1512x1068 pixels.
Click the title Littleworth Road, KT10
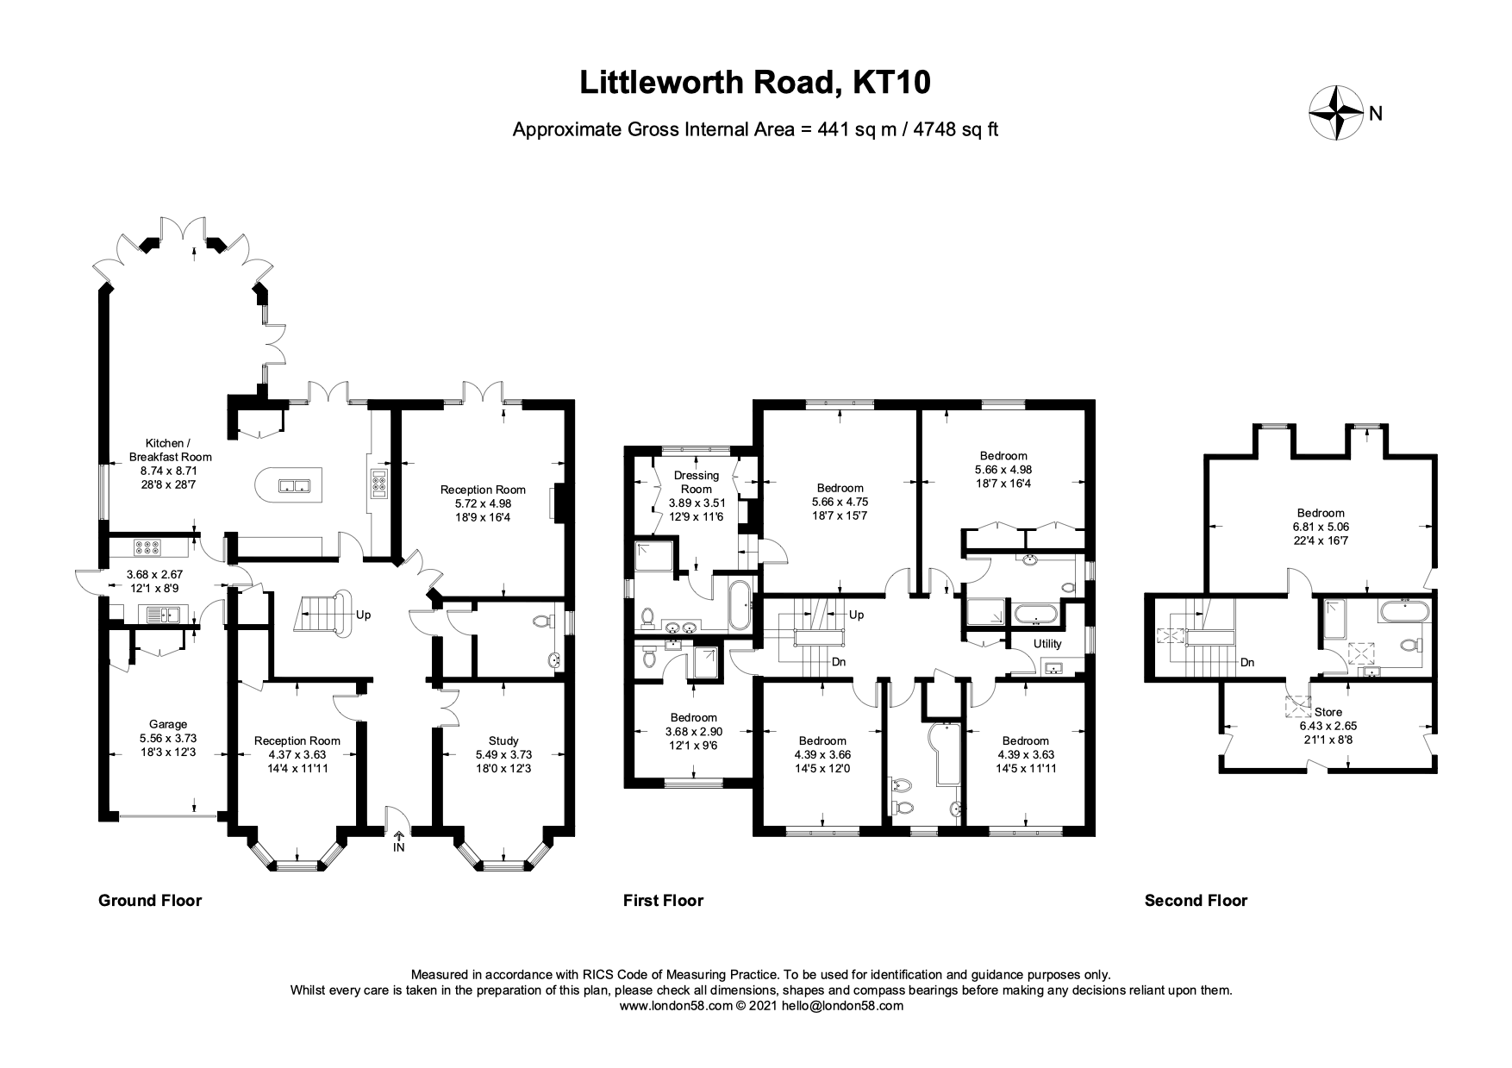coord(755,82)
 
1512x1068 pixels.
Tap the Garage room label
coord(167,725)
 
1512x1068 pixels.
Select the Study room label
coord(503,740)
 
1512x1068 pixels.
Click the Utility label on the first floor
coord(1047,643)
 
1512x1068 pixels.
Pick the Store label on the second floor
coord(1328,712)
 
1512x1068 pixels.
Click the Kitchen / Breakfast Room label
coord(170,449)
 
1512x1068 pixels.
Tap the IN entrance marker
coord(398,847)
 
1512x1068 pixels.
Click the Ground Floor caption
coord(150,901)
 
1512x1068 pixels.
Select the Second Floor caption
coord(1196,901)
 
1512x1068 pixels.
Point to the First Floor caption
coord(663,901)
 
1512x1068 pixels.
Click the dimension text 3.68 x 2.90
coord(694,731)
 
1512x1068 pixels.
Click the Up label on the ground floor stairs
coord(364,615)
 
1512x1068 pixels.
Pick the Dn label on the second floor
coord(1246,663)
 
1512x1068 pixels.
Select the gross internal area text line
coord(755,130)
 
